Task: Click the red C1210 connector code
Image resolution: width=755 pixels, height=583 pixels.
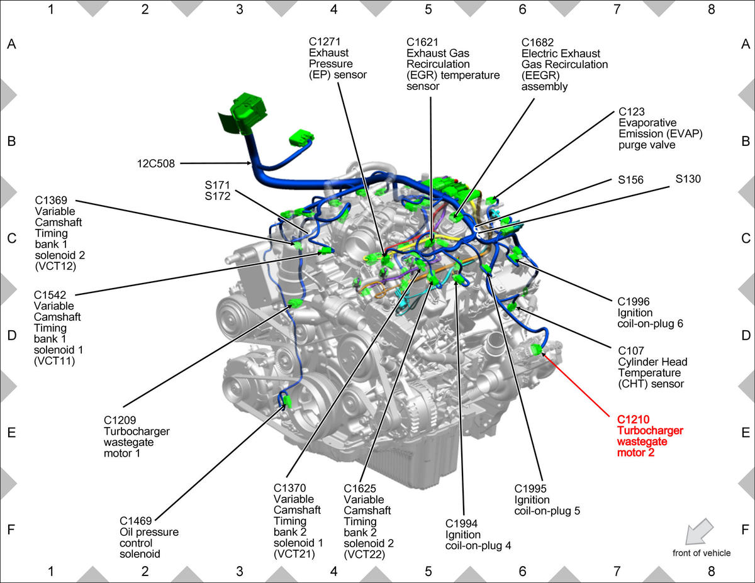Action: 633,419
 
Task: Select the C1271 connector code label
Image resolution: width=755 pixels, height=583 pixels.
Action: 325,42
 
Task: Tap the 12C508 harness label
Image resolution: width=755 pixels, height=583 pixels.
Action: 155,164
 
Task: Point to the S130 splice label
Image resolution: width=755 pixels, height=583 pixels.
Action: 688,179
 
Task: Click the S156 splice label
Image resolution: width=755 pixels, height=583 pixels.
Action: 630,180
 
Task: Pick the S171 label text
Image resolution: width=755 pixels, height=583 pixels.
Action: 218,185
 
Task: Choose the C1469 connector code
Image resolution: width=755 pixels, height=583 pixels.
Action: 135,521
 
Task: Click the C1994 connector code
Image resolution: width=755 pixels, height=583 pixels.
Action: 461,524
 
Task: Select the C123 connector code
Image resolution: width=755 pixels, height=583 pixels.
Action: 631,112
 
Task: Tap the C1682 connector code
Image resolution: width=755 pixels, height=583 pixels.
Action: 537,42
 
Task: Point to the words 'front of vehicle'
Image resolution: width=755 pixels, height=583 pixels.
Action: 701,553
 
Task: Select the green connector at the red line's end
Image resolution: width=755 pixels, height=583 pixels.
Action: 537,349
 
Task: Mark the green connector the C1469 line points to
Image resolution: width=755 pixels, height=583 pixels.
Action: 287,401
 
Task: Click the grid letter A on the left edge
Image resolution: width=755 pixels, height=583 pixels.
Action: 11,44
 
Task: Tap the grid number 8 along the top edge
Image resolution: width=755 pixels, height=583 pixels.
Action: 711,9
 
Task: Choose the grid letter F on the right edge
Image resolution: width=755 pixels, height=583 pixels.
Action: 745,530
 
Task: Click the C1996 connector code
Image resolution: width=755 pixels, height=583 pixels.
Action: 634,302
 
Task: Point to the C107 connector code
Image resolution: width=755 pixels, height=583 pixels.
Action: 631,351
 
